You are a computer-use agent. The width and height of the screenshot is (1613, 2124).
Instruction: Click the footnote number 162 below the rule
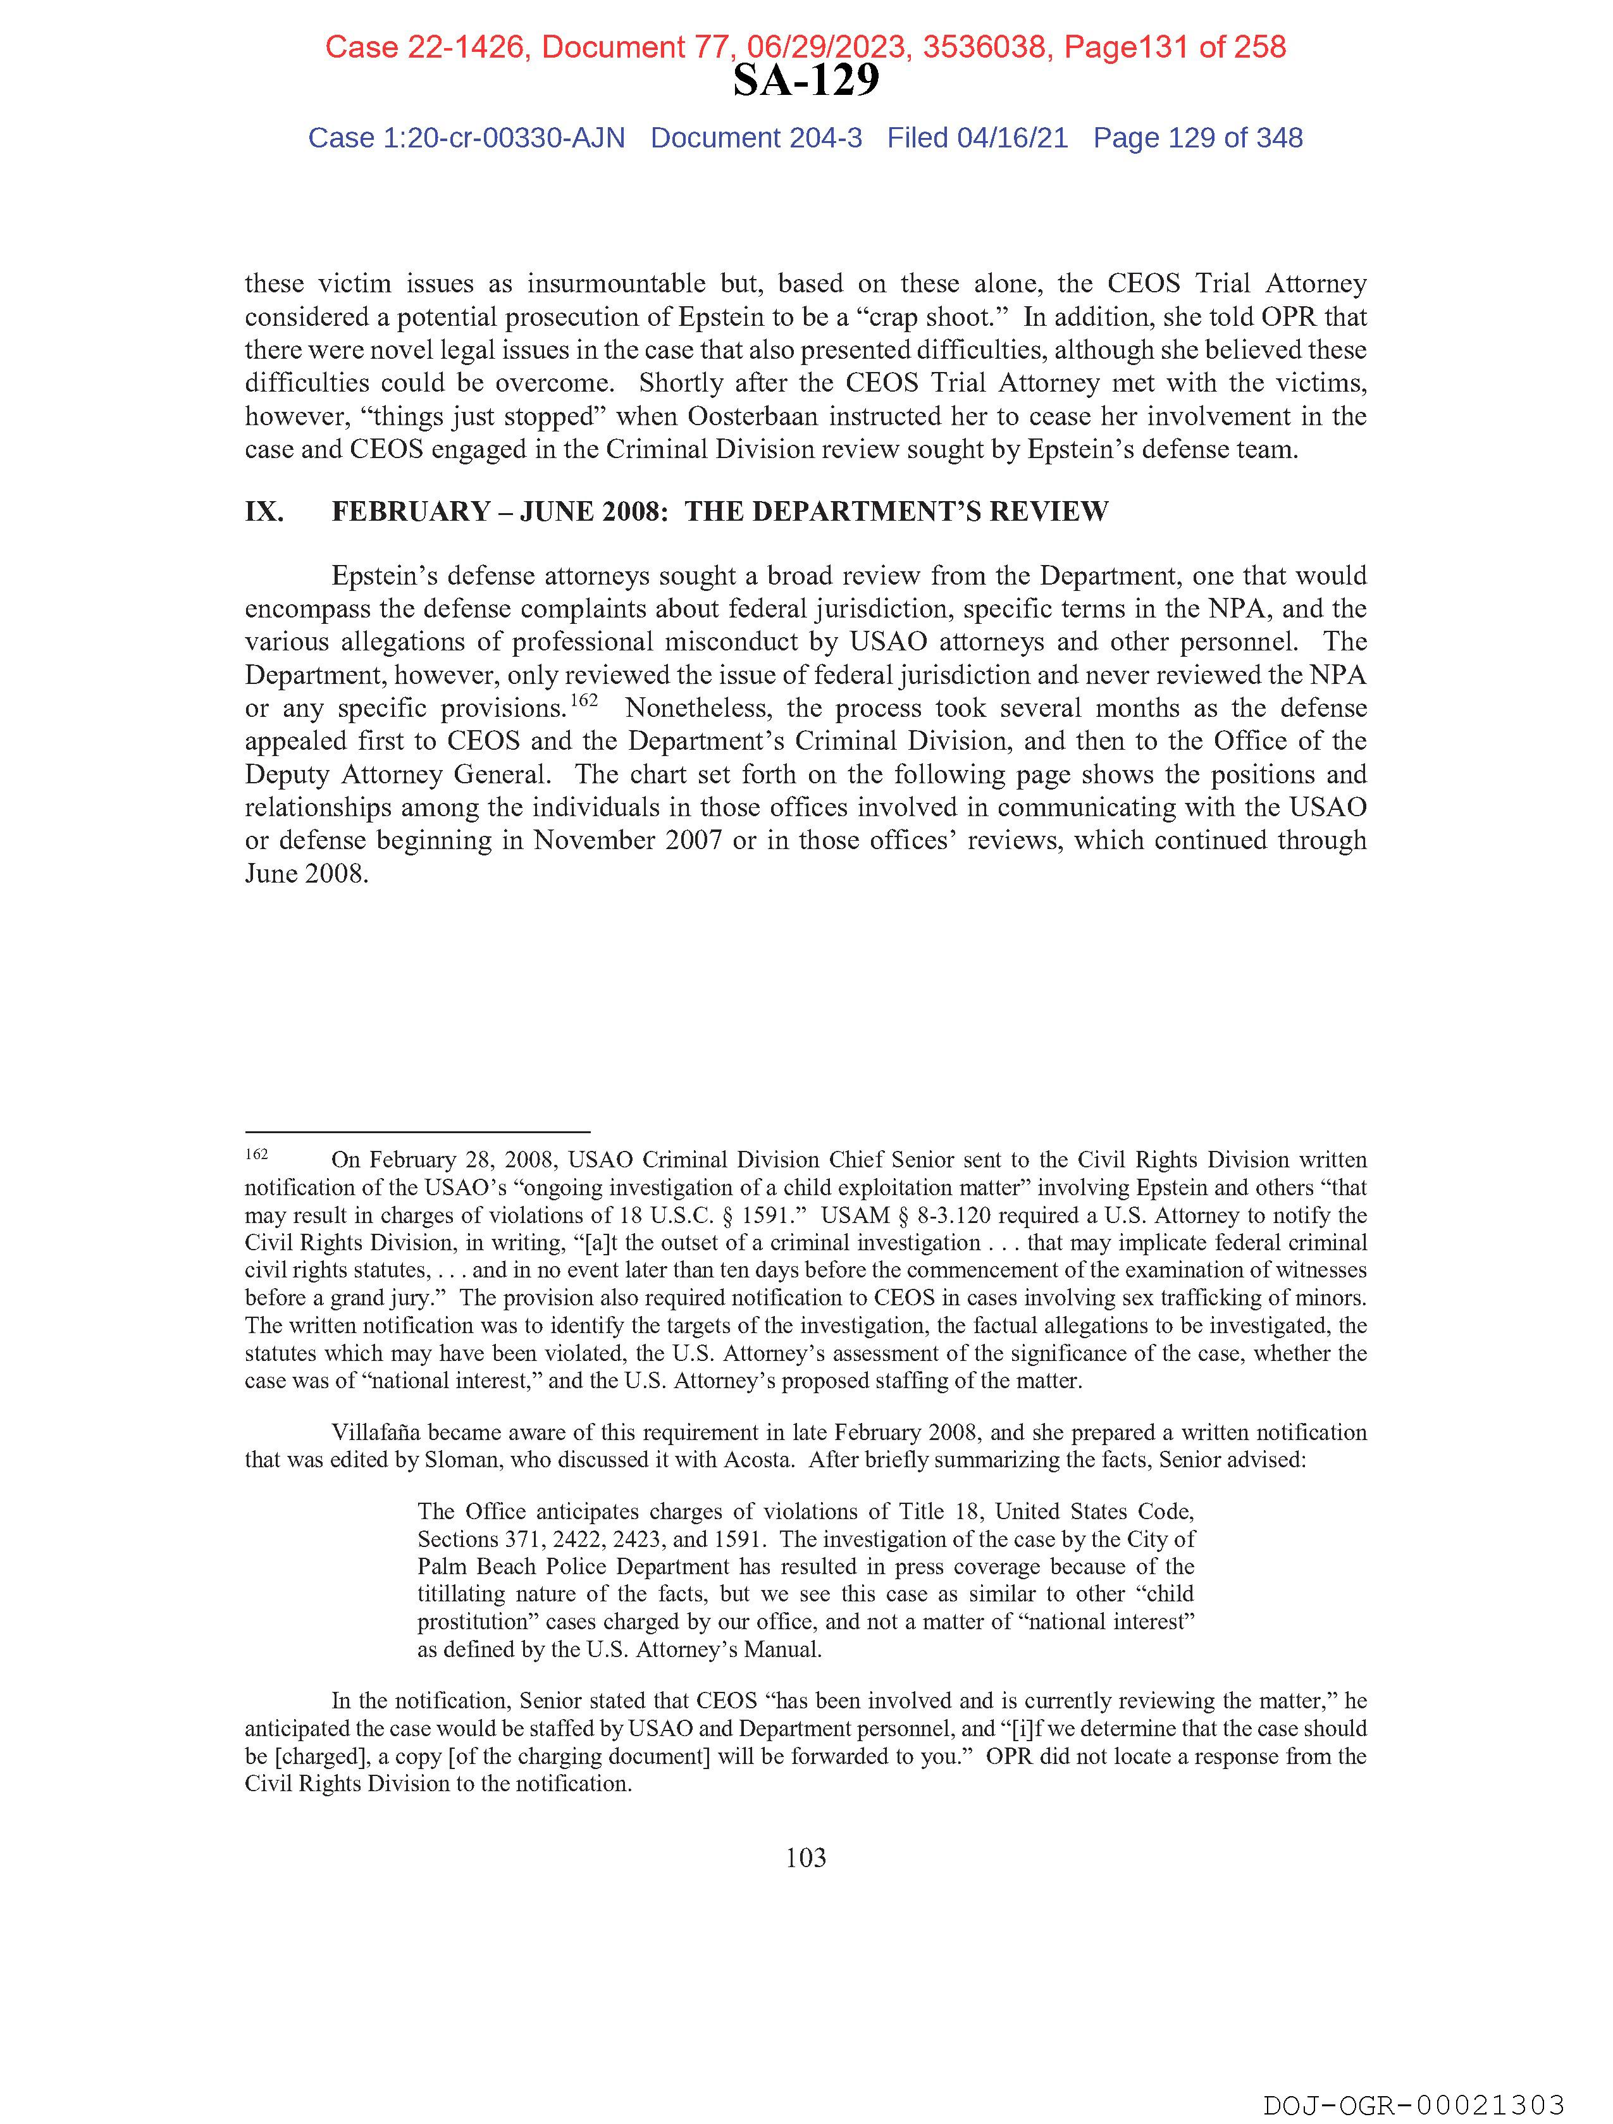(256, 1154)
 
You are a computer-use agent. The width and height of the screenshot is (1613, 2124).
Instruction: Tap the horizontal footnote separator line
(417, 1132)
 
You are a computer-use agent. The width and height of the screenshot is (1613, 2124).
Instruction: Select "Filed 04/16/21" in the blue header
(977, 139)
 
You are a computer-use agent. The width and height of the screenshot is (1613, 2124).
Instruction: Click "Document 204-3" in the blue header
(756, 139)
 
